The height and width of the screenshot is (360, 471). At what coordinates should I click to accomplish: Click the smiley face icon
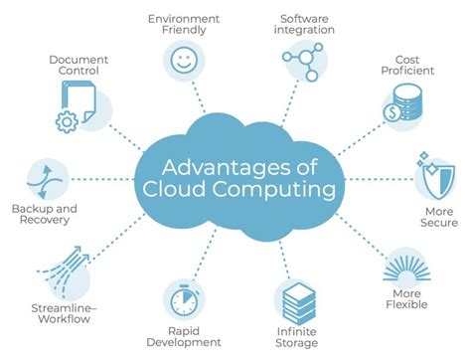184,61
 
